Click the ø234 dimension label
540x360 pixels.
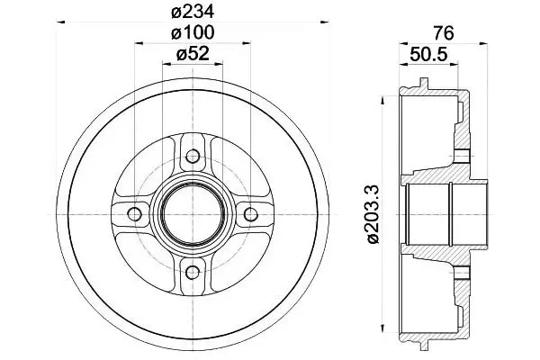pos(193,13)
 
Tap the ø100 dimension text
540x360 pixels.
pos(193,32)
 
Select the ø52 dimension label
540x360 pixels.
pos(193,54)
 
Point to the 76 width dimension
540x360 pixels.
pos(444,33)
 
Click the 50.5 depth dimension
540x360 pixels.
pos(428,54)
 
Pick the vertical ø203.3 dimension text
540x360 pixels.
pos(373,214)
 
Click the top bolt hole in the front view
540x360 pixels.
pos(193,157)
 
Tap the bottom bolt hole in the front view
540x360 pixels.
pos(193,273)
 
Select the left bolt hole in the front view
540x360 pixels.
pos(135,214)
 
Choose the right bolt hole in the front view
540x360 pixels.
pos(251,214)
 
